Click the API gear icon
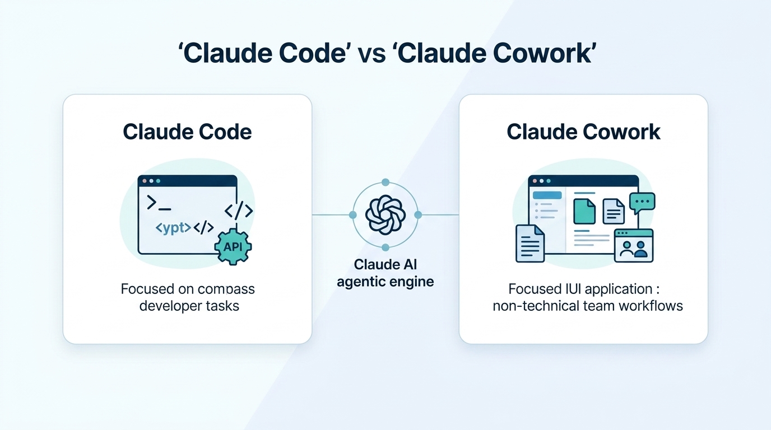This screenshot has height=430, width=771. (233, 246)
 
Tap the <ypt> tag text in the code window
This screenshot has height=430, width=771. (173, 228)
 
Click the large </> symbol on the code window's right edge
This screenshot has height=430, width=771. (239, 211)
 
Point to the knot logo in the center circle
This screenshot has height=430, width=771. (385, 215)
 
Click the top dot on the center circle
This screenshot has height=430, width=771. (385, 182)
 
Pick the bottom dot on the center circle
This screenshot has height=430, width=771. (385, 247)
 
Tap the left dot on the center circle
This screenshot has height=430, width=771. (352, 215)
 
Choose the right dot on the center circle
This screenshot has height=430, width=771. (417, 215)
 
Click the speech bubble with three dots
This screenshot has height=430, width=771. (642, 202)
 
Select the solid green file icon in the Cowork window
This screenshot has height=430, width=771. (584, 211)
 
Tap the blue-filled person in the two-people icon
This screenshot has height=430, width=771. (641, 250)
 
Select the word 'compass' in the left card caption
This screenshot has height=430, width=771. (226, 289)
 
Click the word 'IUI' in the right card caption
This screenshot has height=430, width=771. (569, 289)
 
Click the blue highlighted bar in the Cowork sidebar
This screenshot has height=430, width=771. (547, 195)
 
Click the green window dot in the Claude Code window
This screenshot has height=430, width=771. (158, 181)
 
